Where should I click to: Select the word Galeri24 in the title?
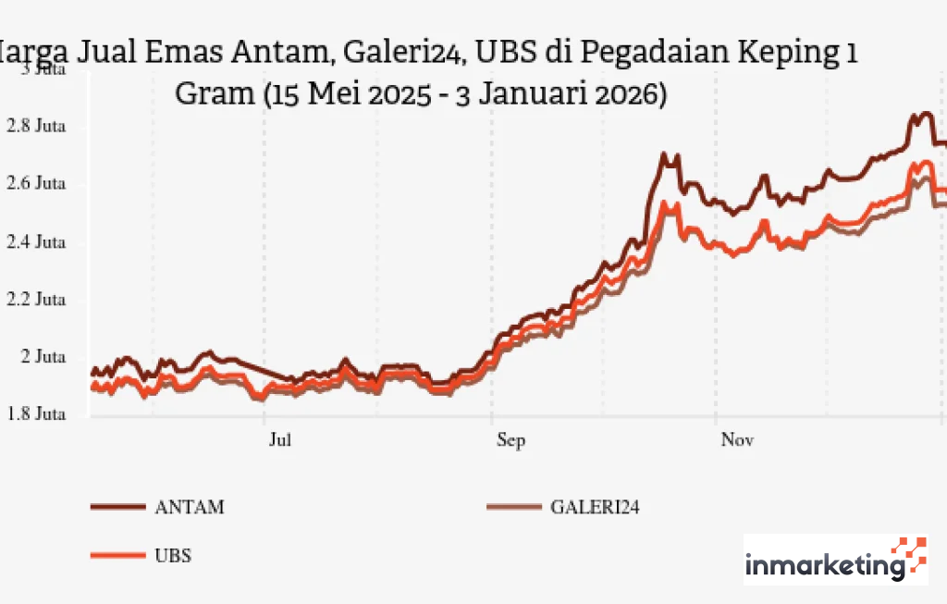click(x=402, y=54)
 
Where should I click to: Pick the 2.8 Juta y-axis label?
click(x=37, y=127)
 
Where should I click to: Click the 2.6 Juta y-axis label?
click(x=37, y=184)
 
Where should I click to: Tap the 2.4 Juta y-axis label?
click(x=37, y=242)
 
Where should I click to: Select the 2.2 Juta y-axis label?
click(x=37, y=300)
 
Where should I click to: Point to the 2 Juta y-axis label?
click(x=43, y=357)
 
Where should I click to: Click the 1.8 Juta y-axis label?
click(x=37, y=414)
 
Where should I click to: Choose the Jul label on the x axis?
click(x=280, y=440)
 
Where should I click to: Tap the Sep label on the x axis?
click(x=510, y=440)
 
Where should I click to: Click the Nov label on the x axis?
click(x=737, y=440)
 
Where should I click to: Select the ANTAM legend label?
click(x=189, y=507)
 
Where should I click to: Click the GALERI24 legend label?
click(x=595, y=507)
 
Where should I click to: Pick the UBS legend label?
click(x=173, y=556)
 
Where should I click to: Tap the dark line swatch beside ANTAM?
click(x=117, y=507)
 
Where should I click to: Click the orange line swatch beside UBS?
click(x=117, y=556)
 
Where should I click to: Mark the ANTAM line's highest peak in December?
click(x=922, y=115)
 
